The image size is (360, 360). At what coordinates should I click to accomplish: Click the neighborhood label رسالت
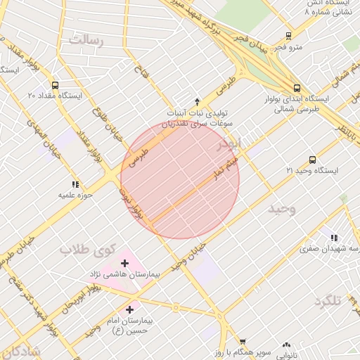(x=86, y=40)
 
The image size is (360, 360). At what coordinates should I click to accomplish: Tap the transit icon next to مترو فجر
(x=288, y=36)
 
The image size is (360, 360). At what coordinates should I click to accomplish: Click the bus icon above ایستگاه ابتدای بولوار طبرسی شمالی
(x=297, y=89)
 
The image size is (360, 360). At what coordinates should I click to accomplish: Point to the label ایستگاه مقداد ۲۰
(x=55, y=95)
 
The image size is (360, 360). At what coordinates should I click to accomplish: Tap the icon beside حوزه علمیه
(x=75, y=184)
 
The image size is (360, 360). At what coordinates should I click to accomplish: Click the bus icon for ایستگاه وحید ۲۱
(x=312, y=160)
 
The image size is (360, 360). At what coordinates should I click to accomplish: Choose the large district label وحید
(x=281, y=209)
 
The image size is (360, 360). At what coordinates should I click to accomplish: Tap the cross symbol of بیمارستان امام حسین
(x=130, y=309)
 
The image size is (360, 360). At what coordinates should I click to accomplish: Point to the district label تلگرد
(x=328, y=302)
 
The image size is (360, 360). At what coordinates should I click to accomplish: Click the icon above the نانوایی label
(x=285, y=345)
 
